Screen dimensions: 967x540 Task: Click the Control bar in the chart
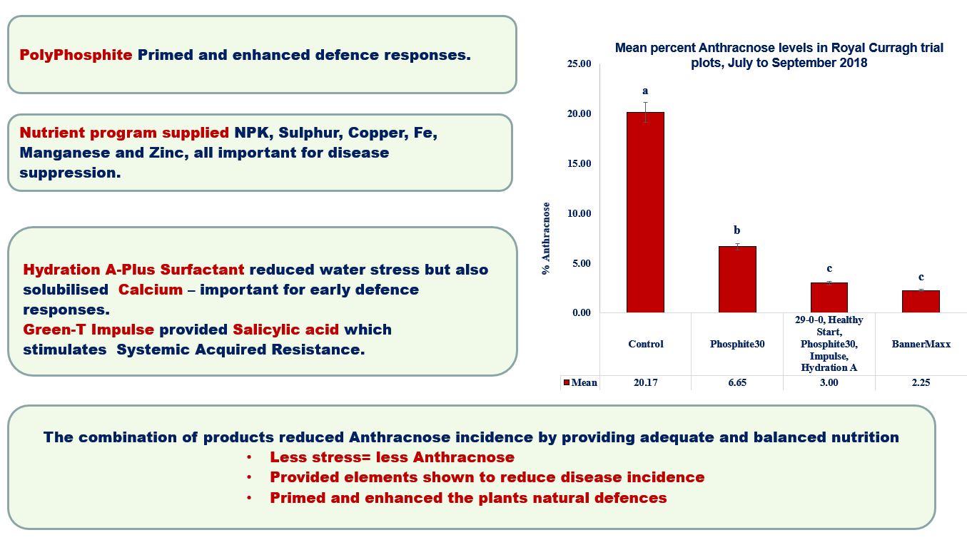tap(645, 213)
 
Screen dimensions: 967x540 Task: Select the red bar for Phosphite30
tap(737, 280)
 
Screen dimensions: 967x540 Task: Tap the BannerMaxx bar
tap(921, 301)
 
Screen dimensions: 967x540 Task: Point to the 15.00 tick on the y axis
tap(579, 163)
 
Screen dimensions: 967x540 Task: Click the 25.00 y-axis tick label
tap(579, 64)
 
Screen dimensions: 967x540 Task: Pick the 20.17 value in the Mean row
tap(645, 382)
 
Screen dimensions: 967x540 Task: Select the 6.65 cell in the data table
tap(737, 382)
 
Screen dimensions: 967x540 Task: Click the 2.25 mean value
tap(921, 382)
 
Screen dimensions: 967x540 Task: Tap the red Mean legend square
tap(567, 382)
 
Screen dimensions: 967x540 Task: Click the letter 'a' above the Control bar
tap(645, 91)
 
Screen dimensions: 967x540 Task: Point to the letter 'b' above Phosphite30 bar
tap(737, 230)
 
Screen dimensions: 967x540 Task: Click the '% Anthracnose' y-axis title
tap(546, 238)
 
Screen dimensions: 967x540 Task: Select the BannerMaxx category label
tap(921, 344)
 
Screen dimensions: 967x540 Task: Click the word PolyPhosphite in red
tap(76, 55)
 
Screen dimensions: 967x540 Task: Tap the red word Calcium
tap(151, 289)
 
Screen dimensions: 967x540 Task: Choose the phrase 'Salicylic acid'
tap(285, 330)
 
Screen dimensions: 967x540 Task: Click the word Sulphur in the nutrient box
tap(310, 133)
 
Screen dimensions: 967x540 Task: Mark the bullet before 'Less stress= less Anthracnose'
tap(249, 457)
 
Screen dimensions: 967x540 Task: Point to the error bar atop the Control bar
tap(645, 112)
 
